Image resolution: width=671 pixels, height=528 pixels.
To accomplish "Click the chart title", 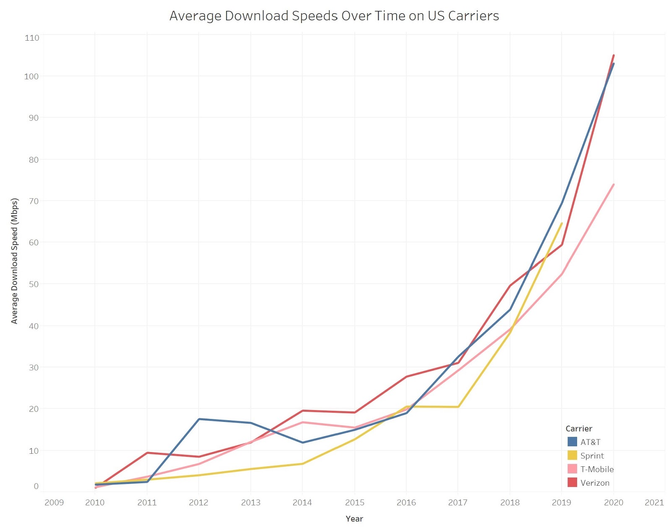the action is click(x=334, y=16).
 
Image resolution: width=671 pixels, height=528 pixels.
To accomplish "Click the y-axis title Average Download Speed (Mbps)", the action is click(x=14, y=261).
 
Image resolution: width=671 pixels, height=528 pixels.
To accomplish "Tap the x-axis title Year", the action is click(x=354, y=518).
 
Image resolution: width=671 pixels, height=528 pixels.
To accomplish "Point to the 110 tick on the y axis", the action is click(x=32, y=38).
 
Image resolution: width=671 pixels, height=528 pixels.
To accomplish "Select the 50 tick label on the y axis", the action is click(x=34, y=284).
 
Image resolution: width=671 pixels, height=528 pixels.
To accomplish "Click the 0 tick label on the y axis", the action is click(x=36, y=486).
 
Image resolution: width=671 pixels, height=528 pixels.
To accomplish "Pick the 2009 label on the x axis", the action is click(x=54, y=502).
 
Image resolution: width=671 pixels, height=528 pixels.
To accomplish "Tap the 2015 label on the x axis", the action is click(x=354, y=502).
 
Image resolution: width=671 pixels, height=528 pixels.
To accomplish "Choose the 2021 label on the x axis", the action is click(x=654, y=502).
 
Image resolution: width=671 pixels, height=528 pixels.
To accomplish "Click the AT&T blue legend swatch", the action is click(x=572, y=442).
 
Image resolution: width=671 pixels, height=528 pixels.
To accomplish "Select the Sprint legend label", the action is click(x=592, y=455).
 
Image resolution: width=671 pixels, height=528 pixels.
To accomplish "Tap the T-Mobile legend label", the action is click(x=597, y=469).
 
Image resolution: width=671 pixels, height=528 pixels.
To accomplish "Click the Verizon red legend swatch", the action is click(x=572, y=482).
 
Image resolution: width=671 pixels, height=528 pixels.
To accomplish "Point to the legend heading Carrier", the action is click(x=579, y=429).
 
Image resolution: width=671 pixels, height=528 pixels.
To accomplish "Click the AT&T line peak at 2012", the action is click(x=199, y=419).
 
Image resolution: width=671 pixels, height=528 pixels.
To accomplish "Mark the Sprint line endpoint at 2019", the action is click(x=562, y=223).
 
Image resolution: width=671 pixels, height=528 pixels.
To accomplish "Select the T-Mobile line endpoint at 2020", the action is click(x=613, y=185).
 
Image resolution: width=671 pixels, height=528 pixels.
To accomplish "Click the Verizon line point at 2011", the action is click(x=147, y=453).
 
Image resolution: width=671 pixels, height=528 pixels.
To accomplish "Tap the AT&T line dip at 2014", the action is click(x=302, y=442).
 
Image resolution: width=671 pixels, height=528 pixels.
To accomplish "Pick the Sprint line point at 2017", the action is click(x=458, y=407).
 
